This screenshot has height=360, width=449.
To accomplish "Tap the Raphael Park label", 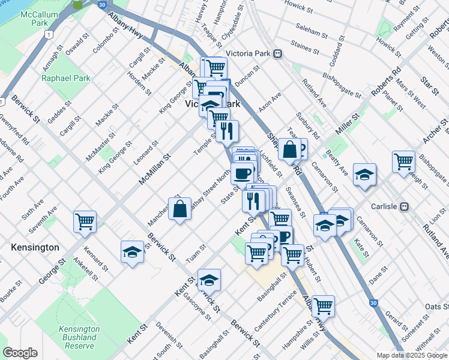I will tap(65, 78).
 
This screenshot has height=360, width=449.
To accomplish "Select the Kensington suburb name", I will tap(35, 247).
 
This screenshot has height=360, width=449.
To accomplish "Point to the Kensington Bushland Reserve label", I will tap(79, 337).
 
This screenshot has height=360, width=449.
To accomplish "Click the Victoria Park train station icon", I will tap(278, 53).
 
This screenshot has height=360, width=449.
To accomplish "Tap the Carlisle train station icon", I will tap(405, 206).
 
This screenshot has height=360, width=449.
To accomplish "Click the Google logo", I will tap(20, 353).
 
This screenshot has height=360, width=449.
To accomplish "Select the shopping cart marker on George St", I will tap(85, 221).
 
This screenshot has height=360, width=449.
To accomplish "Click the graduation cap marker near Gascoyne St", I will tap(209, 280).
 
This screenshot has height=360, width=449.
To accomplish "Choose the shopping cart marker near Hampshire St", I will tap(323, 306).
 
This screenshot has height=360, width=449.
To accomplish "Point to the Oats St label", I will tap(436, 307).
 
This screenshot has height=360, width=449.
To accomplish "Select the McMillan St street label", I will tap(155, 167).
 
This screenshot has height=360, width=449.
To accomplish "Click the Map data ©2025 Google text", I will tap(412, 355).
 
